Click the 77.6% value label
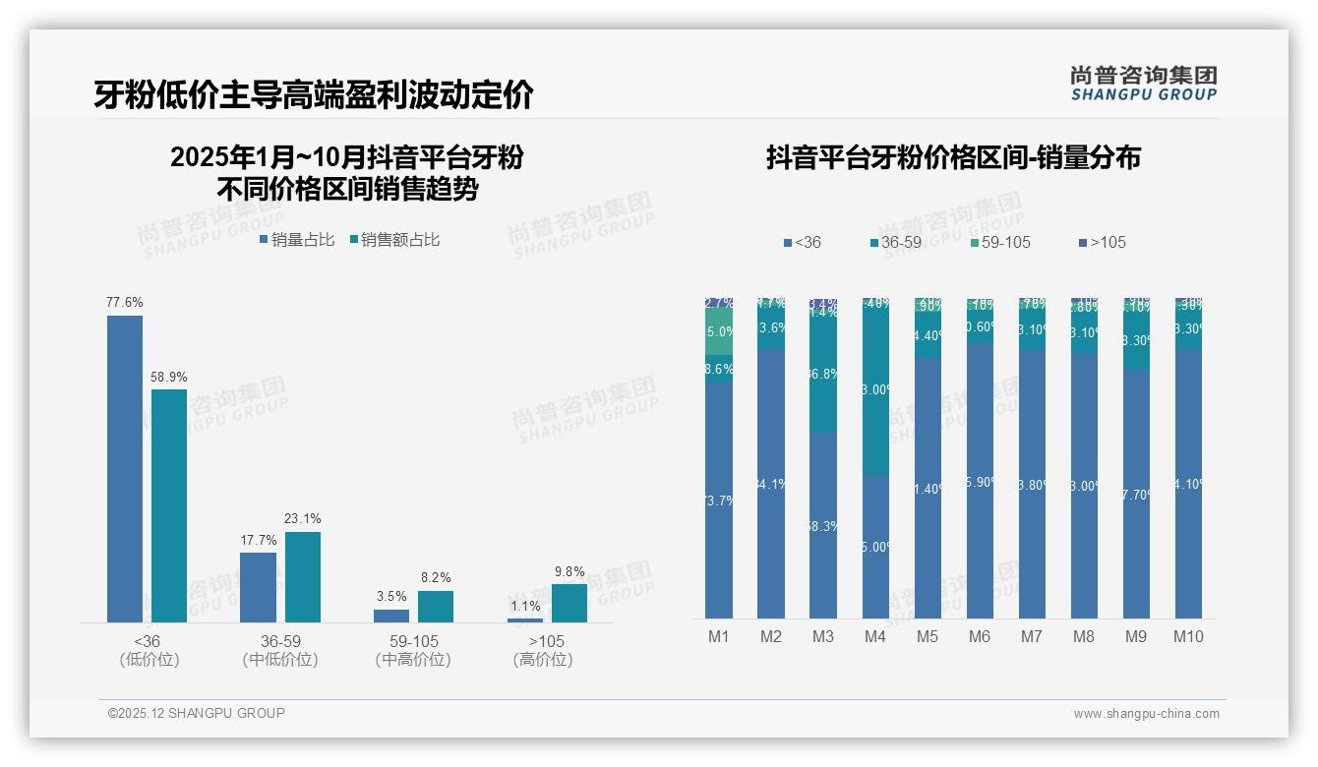point(125,303)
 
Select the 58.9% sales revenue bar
point(169,505)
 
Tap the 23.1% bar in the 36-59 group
point(303,577)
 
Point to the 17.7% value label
point(258,540)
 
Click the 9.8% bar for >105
point(569,603)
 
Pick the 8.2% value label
point(436,578)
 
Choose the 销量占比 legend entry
point(297,239)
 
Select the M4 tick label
point(875,636)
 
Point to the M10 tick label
point(1187,636)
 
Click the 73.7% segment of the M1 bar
point(719,501)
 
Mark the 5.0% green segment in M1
point(719,332)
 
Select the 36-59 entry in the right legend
point(897,242)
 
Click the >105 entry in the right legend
point(1102,242)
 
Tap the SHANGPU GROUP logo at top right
point(1143,83)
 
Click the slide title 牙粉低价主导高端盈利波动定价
point(314,94)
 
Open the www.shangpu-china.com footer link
point(1146,714)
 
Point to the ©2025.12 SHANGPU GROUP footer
point(197,713)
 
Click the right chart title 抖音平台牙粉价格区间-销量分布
point(953,157)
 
